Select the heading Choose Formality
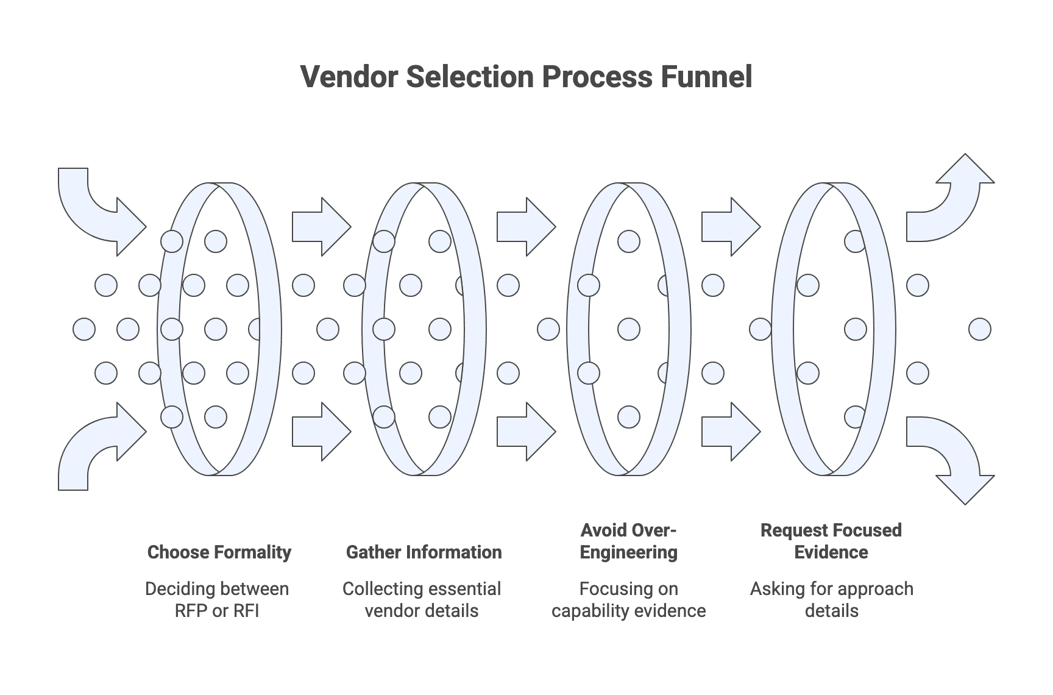pos(219,552)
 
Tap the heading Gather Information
pos(424,552)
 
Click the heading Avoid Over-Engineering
pos(628,541)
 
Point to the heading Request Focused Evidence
pos(831,541)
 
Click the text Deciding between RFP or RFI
pos(217,600)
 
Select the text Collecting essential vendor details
pos(422,600)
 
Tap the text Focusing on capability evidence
pos(628,600)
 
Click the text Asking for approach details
pos(831,600)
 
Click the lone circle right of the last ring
pos(979,329)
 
